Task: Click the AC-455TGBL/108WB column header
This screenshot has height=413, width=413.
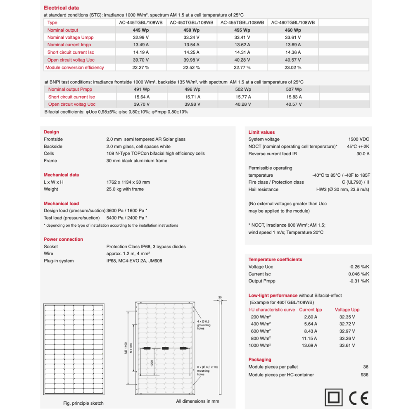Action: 242,23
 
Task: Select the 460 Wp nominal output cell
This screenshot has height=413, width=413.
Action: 292,30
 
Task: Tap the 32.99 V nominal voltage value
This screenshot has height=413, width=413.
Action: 141,38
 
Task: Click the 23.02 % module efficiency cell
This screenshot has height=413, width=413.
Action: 292,67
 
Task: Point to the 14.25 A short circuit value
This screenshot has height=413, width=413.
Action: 192,52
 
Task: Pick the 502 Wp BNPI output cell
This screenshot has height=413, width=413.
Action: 242,89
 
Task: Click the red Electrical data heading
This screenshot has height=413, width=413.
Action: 61,8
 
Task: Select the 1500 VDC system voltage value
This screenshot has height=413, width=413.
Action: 359,140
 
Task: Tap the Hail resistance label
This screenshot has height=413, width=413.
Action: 263,190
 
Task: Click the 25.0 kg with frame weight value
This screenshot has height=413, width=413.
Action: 125,189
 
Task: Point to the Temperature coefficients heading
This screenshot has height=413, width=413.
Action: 275,259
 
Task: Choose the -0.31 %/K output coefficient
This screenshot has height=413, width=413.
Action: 359,281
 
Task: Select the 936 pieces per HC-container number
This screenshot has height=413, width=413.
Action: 364,375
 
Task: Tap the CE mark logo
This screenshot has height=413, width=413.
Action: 358,398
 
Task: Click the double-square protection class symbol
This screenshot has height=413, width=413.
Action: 333,398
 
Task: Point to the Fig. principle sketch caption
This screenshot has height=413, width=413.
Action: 83,403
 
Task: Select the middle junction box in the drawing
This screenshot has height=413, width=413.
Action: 166,349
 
